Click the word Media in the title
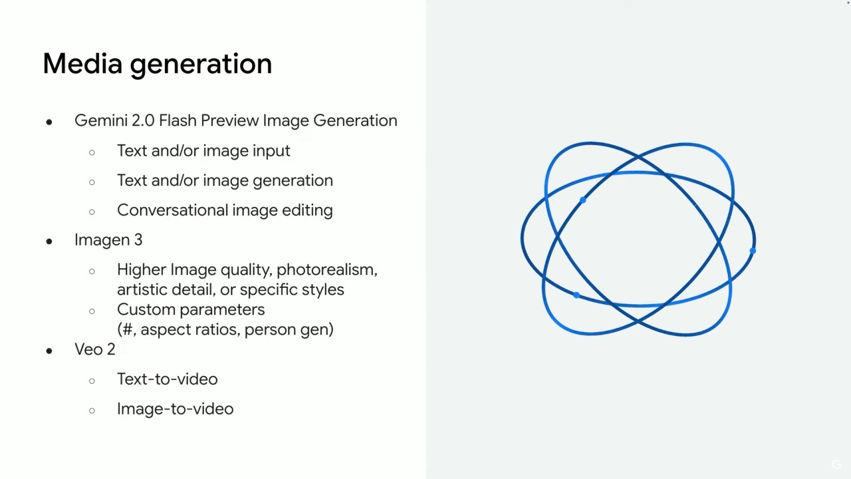click(x=82, y=63)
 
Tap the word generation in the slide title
click(x=201, y=65)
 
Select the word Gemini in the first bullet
click(x=101, y=120)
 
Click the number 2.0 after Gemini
click(x=143, y=120)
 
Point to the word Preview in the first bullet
click(x=229, y=120)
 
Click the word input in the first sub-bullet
click(x=271, y=151)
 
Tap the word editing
click(x=307, y=211)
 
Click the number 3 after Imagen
click(x=138, y=240)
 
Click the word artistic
click(x=142, y=289)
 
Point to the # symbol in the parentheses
click(x=128, y=329)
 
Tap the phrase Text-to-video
click(x=168, y=379)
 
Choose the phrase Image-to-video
click(x=176, y=409)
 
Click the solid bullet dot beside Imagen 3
click(x=49, y=241)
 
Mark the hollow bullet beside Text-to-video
click(x=92, y=381)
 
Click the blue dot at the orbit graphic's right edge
click(x=753, y=251)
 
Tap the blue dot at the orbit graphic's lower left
click(x=576, y=295)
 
